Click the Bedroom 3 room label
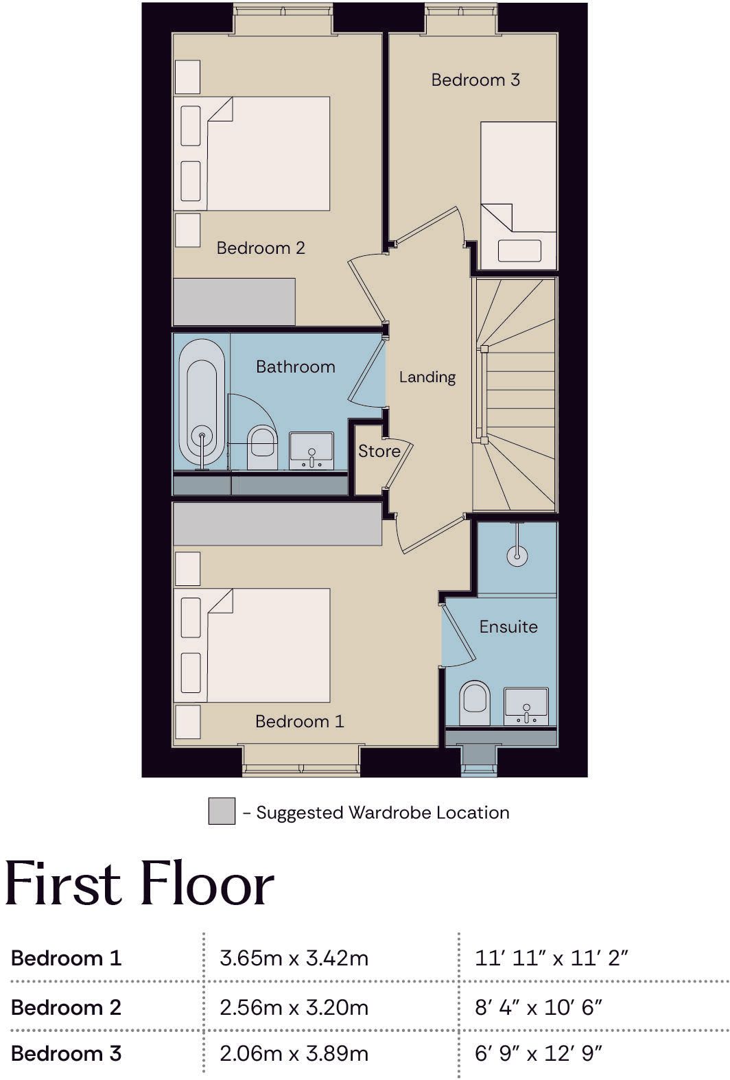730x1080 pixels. point(475,80)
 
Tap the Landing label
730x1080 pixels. point(427,377)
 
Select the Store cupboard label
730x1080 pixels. point(379,451)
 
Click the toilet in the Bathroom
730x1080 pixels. point(262,447)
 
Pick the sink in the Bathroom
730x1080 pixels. point(311,450)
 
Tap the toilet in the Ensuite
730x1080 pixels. point(475,703)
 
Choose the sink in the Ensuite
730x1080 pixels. point(526,706)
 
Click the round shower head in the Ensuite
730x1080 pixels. point(517,556)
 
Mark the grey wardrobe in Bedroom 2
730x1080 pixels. point(234,301)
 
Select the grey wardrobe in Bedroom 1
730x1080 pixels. point(277,524)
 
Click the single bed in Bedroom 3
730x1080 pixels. point(518,196)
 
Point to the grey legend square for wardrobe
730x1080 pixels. point(222,811)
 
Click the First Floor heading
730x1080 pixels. point(140,884)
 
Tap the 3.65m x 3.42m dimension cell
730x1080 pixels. point(294,958)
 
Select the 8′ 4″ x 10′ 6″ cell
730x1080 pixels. point(539,1007)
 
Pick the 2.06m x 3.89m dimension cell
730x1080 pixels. point(294,1053)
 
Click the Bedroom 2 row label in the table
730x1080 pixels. point(66,1007)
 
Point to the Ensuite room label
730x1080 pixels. point(508,626)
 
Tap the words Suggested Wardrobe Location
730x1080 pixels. point(383,812)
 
